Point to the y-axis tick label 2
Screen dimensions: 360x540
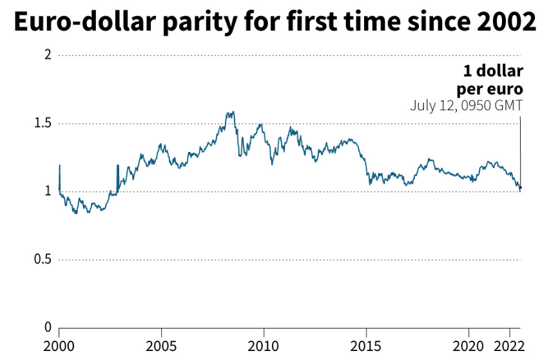[x=47, y=55]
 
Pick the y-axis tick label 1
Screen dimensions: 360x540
[x=47, y=191]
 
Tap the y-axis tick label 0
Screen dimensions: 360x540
[x=47, y=327]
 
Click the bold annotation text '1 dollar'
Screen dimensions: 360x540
[x=493, y=71]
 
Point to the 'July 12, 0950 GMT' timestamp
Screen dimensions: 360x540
[x=466, y=106]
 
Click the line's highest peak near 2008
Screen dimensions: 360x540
[x=231, y=112]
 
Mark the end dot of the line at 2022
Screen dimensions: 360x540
[x=520, y=188]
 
